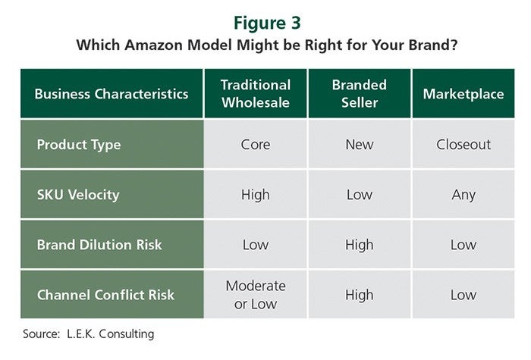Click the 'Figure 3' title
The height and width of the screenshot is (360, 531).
[x=267, y=23]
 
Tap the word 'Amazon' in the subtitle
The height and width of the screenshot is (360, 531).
[x=153, y=45]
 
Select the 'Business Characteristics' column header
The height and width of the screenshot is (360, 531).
[x=112, y=94]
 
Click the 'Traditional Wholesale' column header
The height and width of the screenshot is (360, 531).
[x=256, y=94]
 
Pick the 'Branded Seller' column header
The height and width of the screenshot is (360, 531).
[x=360, y=94]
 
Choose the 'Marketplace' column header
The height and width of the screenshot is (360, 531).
[x=463, y=94]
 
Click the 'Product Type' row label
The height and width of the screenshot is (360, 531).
[x=79, y=145]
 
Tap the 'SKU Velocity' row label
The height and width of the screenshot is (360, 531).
[x=78, y=195]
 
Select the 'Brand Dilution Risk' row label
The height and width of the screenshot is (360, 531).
[x=99, y=245]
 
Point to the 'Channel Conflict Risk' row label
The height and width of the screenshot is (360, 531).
[x=105, y=295]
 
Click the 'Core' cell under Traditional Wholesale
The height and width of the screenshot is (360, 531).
[x=256, y=145]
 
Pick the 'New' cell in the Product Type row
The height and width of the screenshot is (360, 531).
[x=360, y=145]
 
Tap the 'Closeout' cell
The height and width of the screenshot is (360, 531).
[x=463, y=145]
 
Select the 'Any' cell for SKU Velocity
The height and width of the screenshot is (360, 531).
[x=463, y=196]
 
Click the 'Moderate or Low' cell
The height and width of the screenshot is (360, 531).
[x=256, y=295]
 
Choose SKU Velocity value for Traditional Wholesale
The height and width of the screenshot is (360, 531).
[x=256, y=196]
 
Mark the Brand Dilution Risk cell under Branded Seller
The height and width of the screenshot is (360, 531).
[x=360, y=245]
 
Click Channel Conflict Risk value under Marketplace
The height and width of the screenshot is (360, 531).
[x=463, y=295]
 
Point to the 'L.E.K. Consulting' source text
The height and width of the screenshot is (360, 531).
[x=111, y=334]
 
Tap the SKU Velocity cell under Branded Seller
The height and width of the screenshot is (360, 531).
[x=360, y=195]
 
